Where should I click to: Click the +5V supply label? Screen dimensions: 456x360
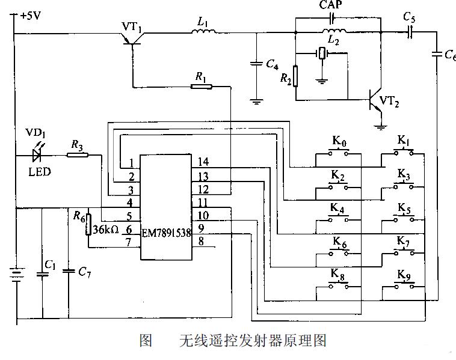(31, 16)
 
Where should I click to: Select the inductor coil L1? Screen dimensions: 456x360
(203, 31)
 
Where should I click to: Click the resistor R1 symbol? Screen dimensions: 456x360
(202, 87)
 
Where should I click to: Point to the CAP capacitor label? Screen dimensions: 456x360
(331, 5)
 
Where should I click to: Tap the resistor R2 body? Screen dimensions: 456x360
(295, 76)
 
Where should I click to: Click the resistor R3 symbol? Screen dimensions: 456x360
(78, 155)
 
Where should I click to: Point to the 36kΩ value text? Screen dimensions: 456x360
(106, 230)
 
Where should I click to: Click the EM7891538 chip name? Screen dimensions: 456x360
(167, 233)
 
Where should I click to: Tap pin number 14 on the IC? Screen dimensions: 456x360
(203, 162)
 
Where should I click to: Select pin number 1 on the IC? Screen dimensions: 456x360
(132, 163)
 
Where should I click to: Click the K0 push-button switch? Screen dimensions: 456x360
(338, 153)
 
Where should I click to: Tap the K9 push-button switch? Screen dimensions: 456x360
(404, 286)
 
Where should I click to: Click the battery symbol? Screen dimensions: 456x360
(17, 275)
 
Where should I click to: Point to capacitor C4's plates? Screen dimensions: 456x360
(256, 63)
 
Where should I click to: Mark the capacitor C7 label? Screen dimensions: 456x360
(85, 272)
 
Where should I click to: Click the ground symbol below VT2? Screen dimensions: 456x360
(380, 127)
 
